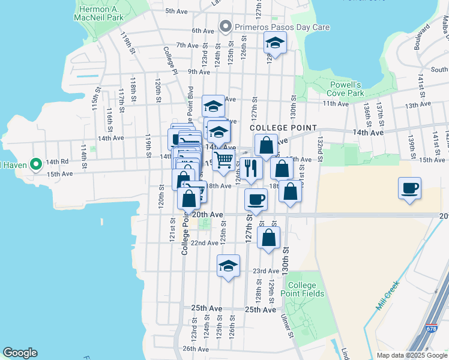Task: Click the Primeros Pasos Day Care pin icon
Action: click(x=226, y=26)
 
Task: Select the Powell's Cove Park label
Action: click(x=346, y=89)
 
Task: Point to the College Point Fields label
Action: click(x=306, y=289)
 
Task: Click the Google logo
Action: click(x=20, y=353)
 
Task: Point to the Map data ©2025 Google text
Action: click(x=411, y=355)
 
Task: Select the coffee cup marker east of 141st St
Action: click(x=409, y=188)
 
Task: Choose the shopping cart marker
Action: click(x=223, y=160)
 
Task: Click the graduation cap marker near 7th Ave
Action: click(x=275, y=43)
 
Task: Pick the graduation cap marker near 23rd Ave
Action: click(x=228, y=266)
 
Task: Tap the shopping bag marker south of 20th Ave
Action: click(x=269, y=236)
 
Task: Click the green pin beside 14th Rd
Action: click(x=35, y=163)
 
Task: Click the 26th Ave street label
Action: click(x=196, y=349)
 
